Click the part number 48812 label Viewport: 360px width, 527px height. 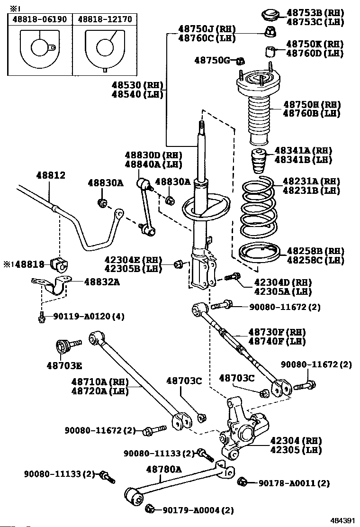click(51, 175)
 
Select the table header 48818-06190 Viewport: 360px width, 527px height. click(39, 19)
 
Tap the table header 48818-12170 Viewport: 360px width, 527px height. click(105, 19)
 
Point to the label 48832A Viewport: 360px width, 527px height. click(102, 282)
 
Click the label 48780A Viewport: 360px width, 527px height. click(163, 469)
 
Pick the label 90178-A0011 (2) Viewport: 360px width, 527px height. click(294, 483)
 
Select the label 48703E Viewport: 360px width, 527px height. click(64, 365)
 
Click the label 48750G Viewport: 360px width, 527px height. click(212, 60)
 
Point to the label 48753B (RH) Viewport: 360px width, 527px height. click(315, 13)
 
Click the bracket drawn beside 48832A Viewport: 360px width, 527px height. click(53, 286)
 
